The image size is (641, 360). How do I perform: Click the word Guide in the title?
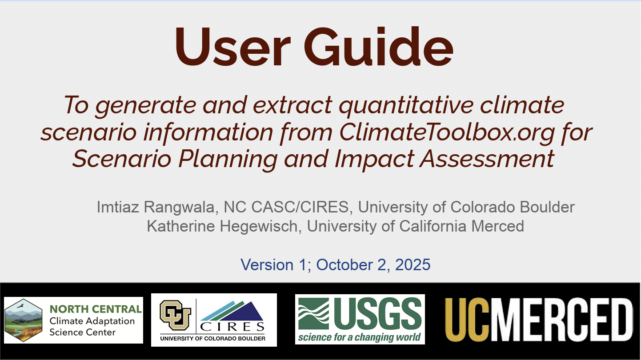tap(378, 46)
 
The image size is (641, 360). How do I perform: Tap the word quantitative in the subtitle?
tap(406, 105)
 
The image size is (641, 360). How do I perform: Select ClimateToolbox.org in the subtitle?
tap(447, 132)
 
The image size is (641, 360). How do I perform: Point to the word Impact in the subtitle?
tap(374, 159)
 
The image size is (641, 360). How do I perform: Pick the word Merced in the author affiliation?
tap(497, 226)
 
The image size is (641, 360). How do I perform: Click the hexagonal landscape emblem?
tap(24, 320)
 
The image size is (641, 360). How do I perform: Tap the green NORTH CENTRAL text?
tap(96, 309)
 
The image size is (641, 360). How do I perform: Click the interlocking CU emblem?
tap(176, 316)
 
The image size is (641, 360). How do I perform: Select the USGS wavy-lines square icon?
tap(314, 314)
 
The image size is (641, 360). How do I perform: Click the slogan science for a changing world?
tap(360, 337)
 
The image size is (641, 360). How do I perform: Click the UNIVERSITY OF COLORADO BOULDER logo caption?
tap(212, 339)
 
